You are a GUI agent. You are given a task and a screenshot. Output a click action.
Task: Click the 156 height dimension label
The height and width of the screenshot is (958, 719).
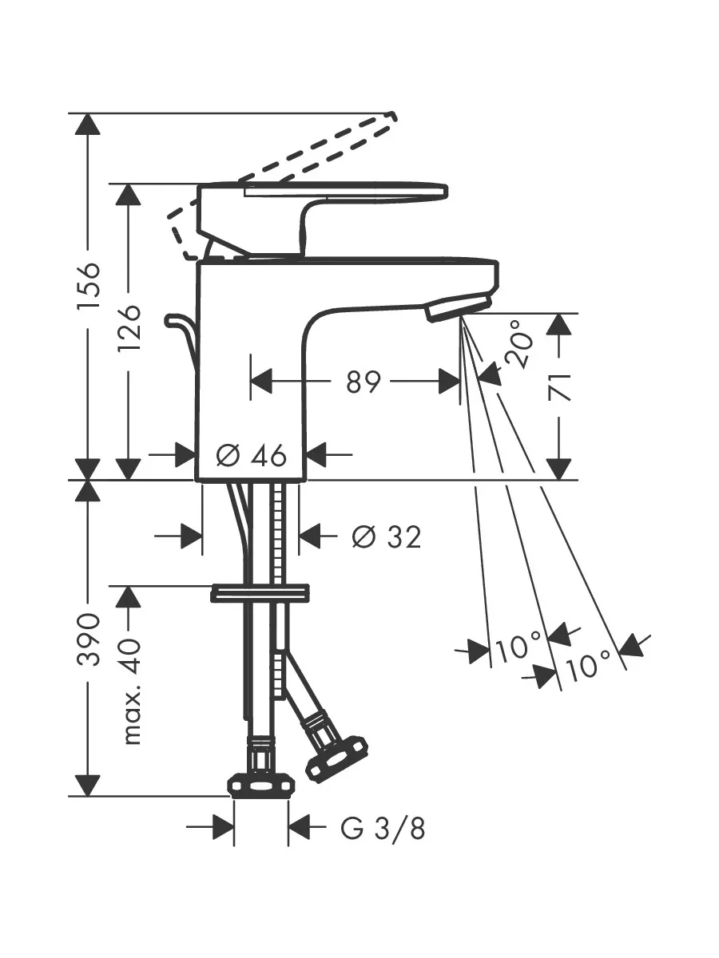(x=88, y=286)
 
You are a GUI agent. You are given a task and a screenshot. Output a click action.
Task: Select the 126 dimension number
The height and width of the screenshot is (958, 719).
(x=129, y=327)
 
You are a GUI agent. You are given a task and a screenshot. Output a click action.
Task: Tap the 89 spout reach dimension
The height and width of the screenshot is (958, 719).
(x=363, y=382)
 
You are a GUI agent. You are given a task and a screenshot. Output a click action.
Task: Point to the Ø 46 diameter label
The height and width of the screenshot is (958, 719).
(x=252, y=455)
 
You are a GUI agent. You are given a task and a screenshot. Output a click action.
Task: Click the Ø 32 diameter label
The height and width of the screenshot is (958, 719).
(x=387, y=536)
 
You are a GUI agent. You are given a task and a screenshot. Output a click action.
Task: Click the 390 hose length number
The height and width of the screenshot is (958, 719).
(x=88, y=639)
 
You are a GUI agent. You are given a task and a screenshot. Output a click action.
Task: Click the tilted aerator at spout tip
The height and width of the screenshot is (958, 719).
(x=459, y=307)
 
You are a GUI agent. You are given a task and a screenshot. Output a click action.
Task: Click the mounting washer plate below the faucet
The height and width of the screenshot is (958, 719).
(x=260, y=594)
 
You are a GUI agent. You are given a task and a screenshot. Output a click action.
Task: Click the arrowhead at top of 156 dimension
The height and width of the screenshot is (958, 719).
(x=88, y=124)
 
